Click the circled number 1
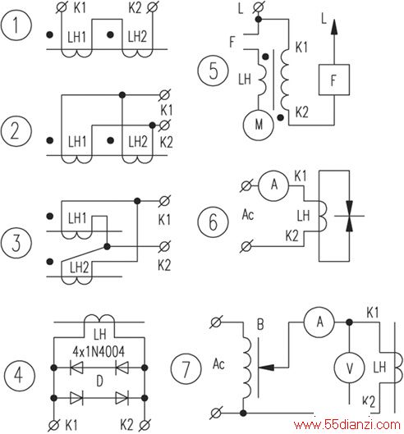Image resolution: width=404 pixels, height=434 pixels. click(16, 25)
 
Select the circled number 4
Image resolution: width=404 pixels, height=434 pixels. click(20, 375)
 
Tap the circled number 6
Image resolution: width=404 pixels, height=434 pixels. click(213, 222)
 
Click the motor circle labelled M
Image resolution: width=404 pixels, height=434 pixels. click(259, 125)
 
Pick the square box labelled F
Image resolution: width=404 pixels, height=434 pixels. click(334, 80)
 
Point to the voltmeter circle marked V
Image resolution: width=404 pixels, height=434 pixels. click(350, 368)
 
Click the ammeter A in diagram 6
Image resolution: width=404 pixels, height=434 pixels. click(273, 185)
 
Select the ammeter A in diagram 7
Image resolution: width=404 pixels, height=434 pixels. click(319, 322)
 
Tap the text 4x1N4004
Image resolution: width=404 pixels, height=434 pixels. click(99, 351)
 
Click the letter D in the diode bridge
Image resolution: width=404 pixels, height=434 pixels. click(99, 381)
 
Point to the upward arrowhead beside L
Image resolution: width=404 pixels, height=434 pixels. click(334, 27)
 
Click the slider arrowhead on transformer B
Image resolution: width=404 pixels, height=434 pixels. click(266, 368)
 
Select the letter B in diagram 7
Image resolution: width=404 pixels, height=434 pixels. click(260, 324)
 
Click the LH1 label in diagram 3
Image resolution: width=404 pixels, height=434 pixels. click(77, 218)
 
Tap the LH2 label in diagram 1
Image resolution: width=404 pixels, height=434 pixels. click(137, 37)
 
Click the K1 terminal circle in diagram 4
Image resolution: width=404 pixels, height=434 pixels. click(53, 425)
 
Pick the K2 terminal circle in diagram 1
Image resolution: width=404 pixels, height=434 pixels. click(153, 7)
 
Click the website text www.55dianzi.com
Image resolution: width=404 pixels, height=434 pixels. click(347, 424)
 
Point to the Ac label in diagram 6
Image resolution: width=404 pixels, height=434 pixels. click(248, 214)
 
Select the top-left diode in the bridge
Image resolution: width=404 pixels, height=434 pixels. click(76, 368)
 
